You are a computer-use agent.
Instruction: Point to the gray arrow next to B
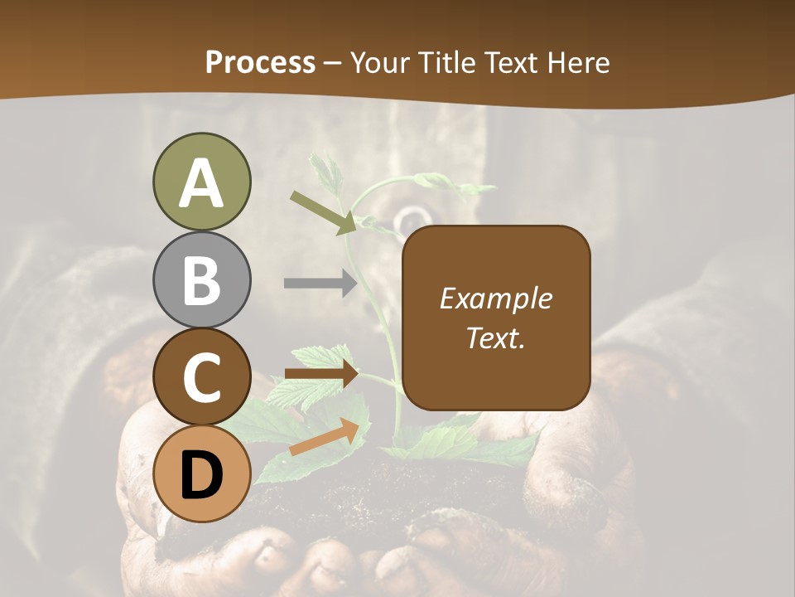(x=320, y=283)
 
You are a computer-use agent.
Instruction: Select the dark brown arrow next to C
(x=321, y=374)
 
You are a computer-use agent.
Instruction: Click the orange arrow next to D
(x=324, y=437)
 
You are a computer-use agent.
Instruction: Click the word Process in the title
(x=260, y=63)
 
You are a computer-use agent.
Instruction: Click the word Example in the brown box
(x=495, y=298)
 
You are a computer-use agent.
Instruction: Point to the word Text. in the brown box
(x=495, y=338)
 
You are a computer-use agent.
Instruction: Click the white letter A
(x=201, y=184)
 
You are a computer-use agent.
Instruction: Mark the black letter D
(x=201, y=475)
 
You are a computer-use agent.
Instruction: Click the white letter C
(x=201, y=378)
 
